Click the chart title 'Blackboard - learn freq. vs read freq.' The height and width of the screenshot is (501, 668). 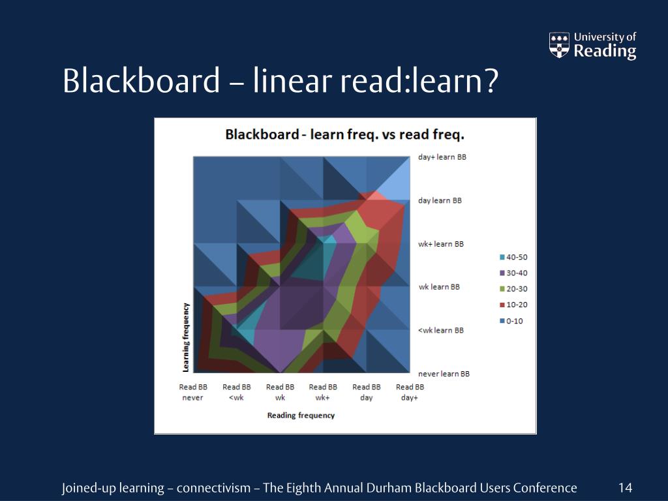tap(344, 135)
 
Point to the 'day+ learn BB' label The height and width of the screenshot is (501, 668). tap(442, 157)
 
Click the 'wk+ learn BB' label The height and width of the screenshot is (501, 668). tap(441, 244)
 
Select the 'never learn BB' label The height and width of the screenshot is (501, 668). tap(444, 374)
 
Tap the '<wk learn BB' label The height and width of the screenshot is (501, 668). tap(441, 330)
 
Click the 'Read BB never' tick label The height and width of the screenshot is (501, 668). tap(193, 392)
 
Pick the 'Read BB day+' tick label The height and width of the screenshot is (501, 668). tap(410, 392)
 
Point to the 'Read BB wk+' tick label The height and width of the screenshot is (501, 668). tap(323, 392)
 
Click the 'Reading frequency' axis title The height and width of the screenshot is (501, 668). tap(301, 416)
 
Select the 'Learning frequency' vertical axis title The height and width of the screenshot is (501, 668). tap(186, 337)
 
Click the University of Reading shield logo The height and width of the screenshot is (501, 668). tap(559, 45)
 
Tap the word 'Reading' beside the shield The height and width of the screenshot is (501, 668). tap(605, 52)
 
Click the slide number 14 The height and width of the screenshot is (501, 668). tap(625, 488)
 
